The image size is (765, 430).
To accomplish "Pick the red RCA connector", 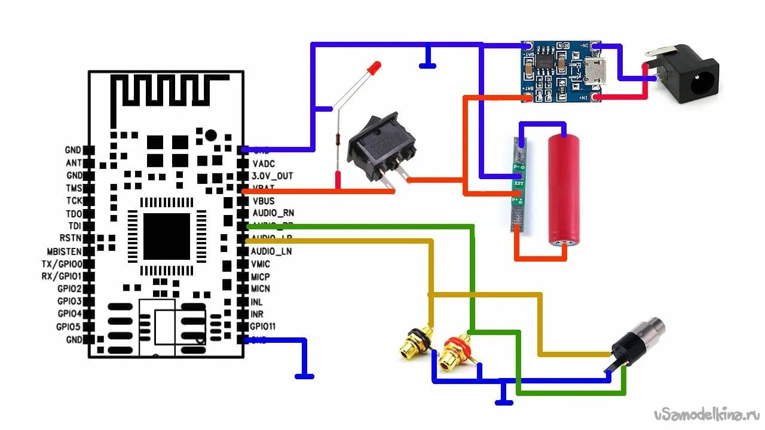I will (454, 351).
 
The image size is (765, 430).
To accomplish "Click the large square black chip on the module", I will (167, 236).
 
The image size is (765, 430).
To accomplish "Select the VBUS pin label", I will (264, 201).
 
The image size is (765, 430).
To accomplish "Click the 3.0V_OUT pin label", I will (272, 176).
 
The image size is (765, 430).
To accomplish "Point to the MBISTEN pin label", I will (65, 251).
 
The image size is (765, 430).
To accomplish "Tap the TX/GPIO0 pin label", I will (62, 264).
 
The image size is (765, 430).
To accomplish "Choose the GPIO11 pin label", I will (263, 326).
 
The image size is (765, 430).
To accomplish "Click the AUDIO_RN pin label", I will (273, 213).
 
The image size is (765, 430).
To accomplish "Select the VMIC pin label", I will (261, 264).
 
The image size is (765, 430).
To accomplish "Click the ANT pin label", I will (74, 163).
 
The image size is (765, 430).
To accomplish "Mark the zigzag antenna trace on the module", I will (167, 90).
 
